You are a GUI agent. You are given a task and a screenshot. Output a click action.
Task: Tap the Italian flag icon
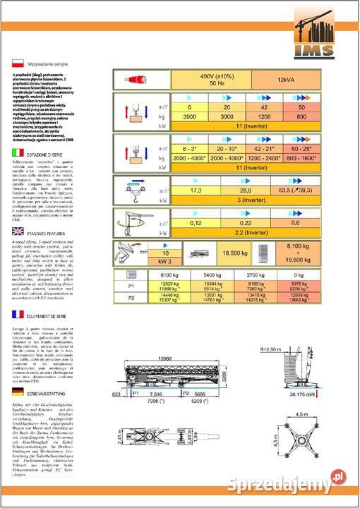click(x=17, y=153)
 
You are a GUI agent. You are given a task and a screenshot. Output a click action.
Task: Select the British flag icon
click(x=17, y=231)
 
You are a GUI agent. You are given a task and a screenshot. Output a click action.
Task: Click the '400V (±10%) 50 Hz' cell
click(x=210, y=79)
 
